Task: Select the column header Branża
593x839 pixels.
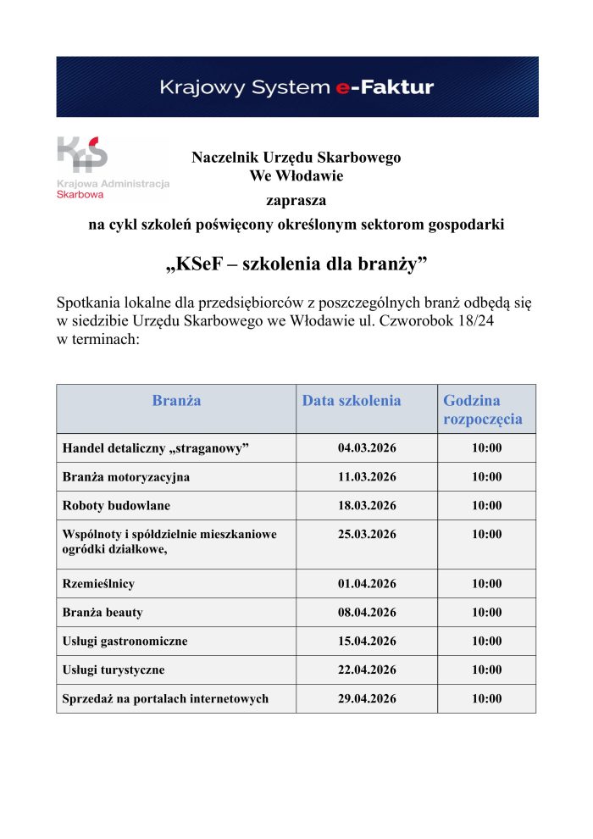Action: point(176,400)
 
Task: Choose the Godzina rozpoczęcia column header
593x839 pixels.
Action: point(483,409)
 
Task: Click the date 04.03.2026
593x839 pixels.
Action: point(367,448)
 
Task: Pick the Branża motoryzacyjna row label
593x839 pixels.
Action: point(126,477)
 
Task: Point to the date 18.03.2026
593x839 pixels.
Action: point(367,506)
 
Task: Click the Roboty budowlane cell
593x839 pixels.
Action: point(116,506)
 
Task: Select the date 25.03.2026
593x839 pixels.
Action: point(367,535)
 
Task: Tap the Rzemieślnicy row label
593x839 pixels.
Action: point(98,584)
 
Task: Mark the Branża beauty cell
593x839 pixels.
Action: point(103,613)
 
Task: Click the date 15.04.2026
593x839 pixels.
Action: point(367,642)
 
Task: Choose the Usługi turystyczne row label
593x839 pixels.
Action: point(114,670)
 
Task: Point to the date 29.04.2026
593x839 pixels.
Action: point(367,699)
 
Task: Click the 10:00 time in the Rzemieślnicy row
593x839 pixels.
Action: point(486,584)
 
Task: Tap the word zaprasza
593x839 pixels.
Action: point(296,201)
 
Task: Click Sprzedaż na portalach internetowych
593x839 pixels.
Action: point(165,699)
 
